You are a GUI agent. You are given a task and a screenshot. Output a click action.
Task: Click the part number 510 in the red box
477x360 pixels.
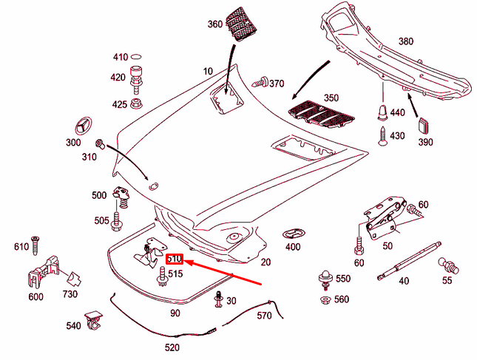coord(174,259)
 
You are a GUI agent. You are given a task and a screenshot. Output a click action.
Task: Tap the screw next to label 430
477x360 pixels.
coord(382,135)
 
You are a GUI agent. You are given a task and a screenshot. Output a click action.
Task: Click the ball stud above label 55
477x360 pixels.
coord(447,265)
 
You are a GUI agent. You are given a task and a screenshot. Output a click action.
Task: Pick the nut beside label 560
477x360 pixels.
coord(324,299)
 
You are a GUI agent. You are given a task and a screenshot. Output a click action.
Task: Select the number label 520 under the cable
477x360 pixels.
coord(172,347)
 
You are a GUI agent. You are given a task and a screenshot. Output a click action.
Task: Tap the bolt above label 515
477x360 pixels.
coord(160,276)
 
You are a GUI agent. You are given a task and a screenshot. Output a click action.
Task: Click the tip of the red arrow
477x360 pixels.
coord(185,261)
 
